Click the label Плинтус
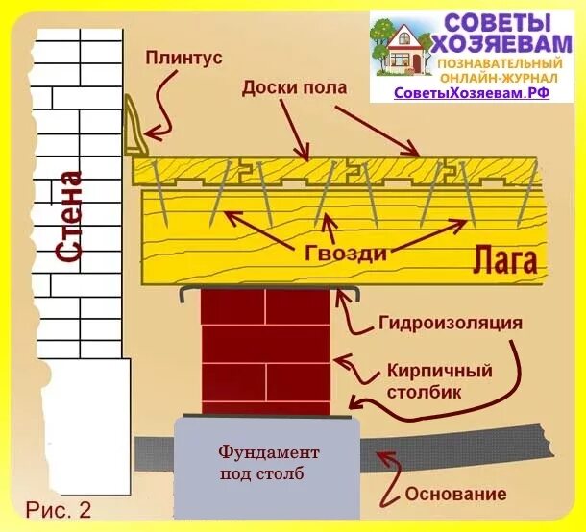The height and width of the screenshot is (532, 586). [x=183, y=58]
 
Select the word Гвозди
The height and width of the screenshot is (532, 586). [x=346, y=254]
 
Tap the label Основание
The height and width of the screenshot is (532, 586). [x=455, y=495]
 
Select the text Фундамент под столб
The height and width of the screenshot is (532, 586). [x=268, y=462]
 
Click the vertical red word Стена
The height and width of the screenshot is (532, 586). [x=68, y=216]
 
